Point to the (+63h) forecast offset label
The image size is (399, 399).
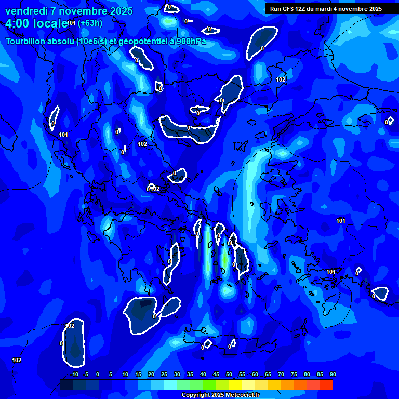point(90,23)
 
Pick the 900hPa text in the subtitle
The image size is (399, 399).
point(191,41)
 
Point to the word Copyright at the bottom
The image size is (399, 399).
point(196,395)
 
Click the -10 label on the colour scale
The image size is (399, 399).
point(74,374)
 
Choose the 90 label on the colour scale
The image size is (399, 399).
point(332,374)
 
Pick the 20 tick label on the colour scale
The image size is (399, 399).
point(151,374)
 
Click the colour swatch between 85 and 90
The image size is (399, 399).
point(326,384)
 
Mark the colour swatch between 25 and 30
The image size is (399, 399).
point(170,384)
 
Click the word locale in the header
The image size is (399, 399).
point(50,23)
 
